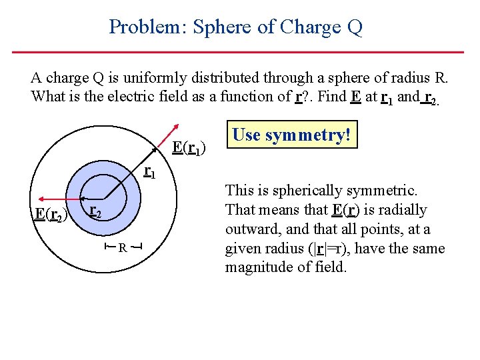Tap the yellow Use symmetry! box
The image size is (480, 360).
[x=291, y=136]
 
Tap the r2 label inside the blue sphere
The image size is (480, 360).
[x=95, y=212]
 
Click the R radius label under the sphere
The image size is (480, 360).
[x=123, y=248]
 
